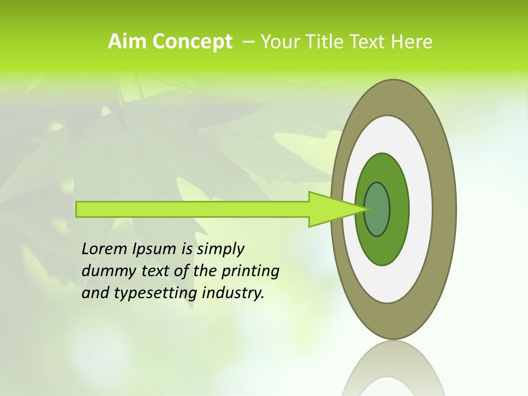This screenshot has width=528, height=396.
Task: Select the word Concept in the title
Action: click(193, 42)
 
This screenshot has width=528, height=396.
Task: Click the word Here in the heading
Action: click(411, 42)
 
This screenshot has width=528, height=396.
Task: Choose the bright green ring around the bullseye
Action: click(399, 209)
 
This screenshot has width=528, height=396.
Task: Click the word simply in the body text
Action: click(220, 249)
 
